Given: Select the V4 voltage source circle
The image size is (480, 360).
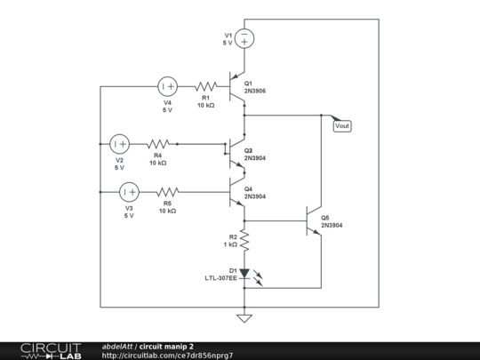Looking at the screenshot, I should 167,86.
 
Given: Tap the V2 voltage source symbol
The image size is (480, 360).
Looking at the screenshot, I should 119,143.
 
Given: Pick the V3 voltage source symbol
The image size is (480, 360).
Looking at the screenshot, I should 129,191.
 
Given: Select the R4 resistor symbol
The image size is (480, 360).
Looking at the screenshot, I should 158,143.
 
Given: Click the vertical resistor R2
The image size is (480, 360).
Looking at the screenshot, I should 244,239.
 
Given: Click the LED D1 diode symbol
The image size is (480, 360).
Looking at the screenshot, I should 244,274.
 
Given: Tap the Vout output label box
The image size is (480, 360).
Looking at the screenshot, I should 341,125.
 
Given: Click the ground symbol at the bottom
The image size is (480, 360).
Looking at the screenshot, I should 244,317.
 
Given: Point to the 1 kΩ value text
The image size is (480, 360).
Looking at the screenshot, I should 230,244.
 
